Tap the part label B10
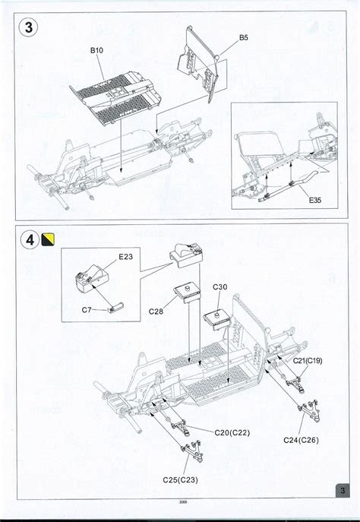point(96,51)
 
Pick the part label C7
point(87,311)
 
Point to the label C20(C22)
point(231,432)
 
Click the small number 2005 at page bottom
point(184,501)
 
